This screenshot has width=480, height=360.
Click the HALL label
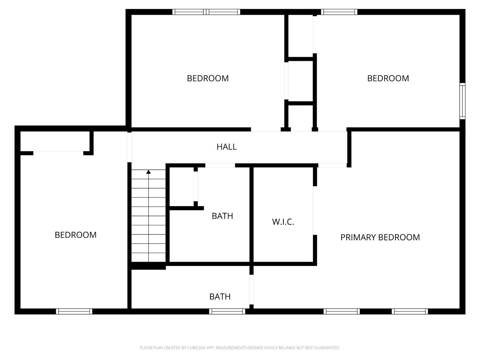pyautogui.click(x=227, y=147)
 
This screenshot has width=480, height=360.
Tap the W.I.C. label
pyautogui.click(x=283, y=222)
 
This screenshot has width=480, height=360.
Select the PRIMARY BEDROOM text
pyautogui.click(x=380, y=237)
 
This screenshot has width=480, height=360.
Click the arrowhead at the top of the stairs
pyautogui.click(x=148, y=172)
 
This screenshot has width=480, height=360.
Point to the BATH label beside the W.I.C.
pyautogui.click(x=222, y=216)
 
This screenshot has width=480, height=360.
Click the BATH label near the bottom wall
pyautogui.click(x=220, y=297)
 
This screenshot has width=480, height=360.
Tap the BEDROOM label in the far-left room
pyautogui.click(x=76, y=235)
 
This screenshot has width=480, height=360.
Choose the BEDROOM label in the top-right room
pyautogui.click(x=388, y=78)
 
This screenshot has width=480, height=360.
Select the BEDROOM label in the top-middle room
pyautogui.click(x=208, y=78)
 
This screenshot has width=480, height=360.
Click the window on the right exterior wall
pyautogui.click(x=462, y=101)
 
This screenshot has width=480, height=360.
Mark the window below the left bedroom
pyautogui.click(x=74, y=311)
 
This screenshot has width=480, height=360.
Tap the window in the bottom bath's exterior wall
pyautogui.click(x=227, y=311)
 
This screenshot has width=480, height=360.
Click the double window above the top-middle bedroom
pyautogui.click(x=206, y=12)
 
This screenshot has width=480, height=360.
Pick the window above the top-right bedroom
pyautogui.click(x=339, y=12)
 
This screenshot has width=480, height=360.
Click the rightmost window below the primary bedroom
pyautogui.click(x=410, y=311)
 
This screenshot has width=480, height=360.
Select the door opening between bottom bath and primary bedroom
pyautogui.click(x=252, y=289)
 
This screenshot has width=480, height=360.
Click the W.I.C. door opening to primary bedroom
pyautogui.click(x=315, y=211)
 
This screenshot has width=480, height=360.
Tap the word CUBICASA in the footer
pyautogui.click(x=196, y=348)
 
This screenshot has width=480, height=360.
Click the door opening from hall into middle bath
pyautogui.click(x=220, y=165)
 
